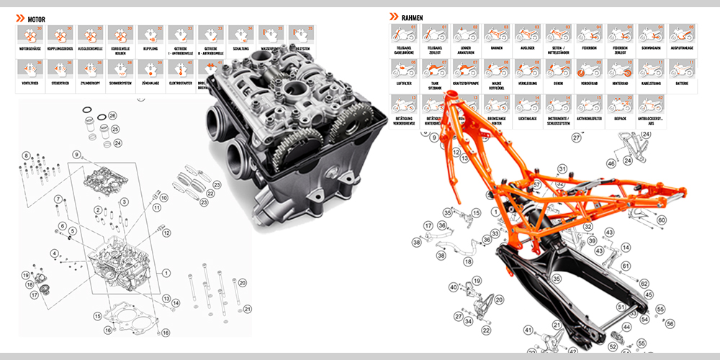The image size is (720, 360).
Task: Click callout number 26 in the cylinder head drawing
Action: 112,116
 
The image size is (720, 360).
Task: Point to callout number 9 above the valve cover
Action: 75,155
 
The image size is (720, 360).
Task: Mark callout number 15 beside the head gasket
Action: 97,315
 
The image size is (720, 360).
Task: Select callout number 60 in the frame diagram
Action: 662,220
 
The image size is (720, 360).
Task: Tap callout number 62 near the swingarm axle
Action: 642,283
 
